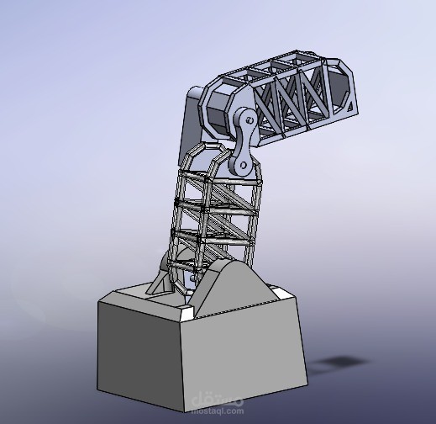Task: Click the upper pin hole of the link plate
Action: coord(250,121)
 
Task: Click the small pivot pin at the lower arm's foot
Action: coord(194,278)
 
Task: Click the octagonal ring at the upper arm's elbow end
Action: coord(223,109)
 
